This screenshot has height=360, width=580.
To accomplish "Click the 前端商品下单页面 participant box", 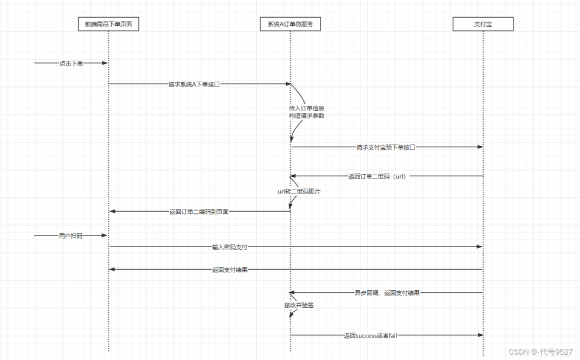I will point(108,24).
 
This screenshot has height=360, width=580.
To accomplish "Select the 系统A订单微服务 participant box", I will point(291,24).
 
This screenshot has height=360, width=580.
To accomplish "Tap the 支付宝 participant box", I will point(483,24).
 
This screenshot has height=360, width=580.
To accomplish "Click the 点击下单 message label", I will point(71,63).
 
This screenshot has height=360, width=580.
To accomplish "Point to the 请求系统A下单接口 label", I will point(194,84).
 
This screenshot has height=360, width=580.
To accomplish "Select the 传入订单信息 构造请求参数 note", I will point(307,112).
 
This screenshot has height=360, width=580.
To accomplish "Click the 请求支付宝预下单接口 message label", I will point(386,147).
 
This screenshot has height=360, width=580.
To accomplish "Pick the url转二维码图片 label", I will point(295,191).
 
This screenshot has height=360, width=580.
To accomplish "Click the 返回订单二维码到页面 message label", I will point(199,212).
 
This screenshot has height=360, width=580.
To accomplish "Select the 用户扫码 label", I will point(71,235).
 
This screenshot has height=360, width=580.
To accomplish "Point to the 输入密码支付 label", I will point(230,247).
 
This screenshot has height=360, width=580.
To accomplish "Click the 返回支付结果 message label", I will point(230,270).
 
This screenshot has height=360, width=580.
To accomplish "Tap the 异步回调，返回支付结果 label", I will point(387,293).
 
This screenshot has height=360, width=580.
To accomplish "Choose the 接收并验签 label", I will point(299,305).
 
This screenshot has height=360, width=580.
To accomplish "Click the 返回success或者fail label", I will point(371,335).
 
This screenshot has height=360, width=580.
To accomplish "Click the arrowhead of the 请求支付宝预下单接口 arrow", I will point(480,147).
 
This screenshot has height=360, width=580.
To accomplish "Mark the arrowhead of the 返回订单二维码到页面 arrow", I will point(112,212).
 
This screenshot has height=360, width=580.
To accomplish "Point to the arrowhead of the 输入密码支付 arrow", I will point(480,247).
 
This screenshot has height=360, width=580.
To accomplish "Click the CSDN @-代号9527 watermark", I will point(540,352).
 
